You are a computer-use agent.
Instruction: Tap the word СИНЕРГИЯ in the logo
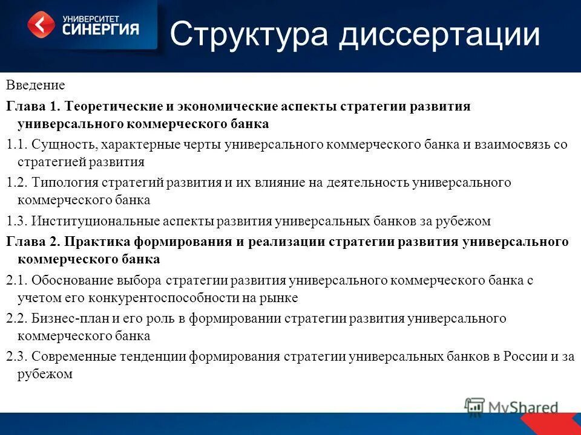pos(100,28)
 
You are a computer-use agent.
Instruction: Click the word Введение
pos(36,86)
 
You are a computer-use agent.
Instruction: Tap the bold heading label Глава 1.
pos(33,106)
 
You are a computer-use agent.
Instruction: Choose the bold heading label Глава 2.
pos(33,242)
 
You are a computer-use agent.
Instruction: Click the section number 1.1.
pos(16,144)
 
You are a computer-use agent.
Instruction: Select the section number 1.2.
pos(16,182)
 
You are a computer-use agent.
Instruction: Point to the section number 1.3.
pos(16,221)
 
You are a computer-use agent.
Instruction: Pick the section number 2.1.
pos(16,280)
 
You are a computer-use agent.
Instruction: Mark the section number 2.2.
pos(16,318)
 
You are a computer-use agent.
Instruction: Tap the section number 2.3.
pos(16,356)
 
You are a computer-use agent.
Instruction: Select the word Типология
pos(65,182)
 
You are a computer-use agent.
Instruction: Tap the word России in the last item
pos(524,356)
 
